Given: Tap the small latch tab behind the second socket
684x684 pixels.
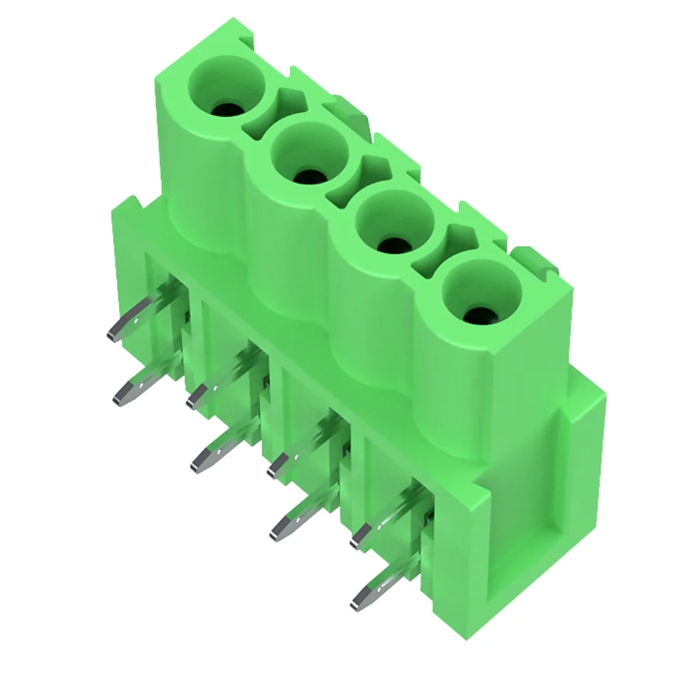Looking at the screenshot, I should pos(342,109).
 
